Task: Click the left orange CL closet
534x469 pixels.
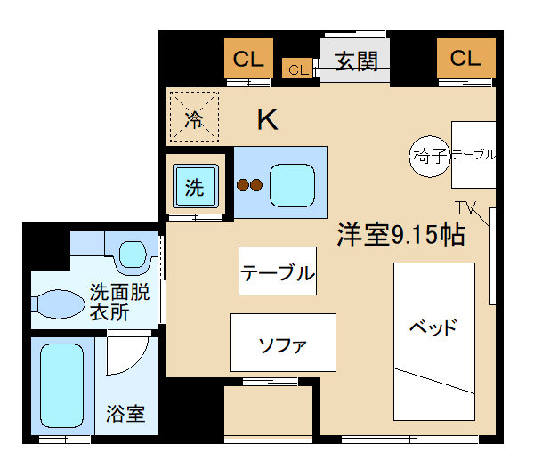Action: (248, 60)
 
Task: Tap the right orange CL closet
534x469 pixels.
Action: (465, 60)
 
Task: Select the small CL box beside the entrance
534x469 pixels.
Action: (297, 69)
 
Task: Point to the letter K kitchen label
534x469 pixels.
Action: (267, 119)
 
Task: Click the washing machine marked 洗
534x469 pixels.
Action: (195, 187)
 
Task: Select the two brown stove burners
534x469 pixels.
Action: (249, 185)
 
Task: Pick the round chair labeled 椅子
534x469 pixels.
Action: (430, 157)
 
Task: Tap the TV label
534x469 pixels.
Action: (466, 207)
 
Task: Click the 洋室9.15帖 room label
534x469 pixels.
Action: (400, 235)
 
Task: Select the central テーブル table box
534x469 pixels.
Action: (278, 271)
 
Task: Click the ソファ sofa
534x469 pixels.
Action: (283, 343)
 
